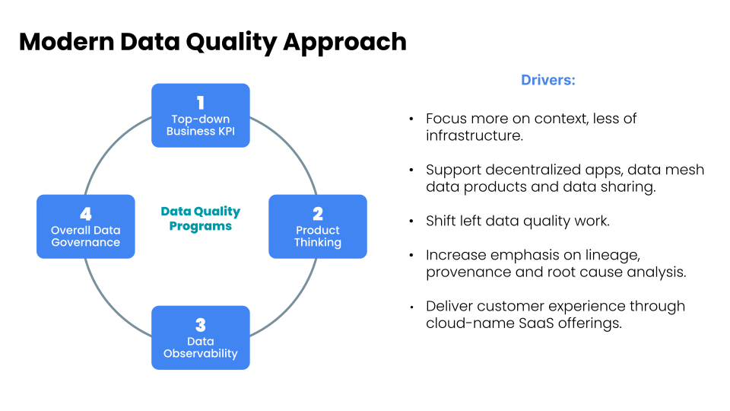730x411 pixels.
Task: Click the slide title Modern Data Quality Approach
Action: pos(212,41)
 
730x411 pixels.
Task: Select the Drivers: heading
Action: pos(547,80)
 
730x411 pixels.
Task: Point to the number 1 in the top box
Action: pos(201,103)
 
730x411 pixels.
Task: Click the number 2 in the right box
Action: pos(318,214)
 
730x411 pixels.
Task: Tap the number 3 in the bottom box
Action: pos(201,325)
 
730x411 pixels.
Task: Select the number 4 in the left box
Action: pos(85,214)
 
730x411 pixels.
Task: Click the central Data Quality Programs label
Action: pos(201,218)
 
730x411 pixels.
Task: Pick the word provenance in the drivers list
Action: pos(462,272)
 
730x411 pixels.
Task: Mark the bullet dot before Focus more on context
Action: pos(411,119)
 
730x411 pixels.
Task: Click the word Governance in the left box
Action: pos(85,242)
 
